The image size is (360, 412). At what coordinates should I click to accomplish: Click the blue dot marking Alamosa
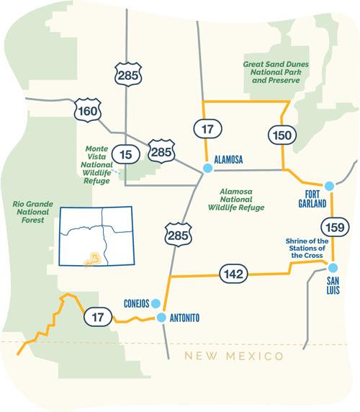click(207, 168)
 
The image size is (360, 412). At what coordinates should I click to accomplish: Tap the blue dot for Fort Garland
click(330, 186)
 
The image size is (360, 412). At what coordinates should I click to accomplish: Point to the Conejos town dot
click(156, 303)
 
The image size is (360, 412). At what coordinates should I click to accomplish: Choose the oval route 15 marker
click(126, 153)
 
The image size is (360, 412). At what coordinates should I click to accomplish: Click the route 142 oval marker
click(235, 273)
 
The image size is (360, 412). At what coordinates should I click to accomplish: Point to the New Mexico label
click(233, 357)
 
